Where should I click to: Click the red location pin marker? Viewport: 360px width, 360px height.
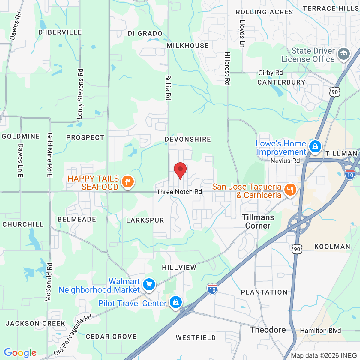click(180, 170)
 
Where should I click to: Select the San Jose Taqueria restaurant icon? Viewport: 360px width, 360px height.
click(290, 190)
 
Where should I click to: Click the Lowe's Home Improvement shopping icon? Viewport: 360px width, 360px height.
click(315, 147)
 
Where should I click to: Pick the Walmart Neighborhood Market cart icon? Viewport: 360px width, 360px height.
click(149, 284)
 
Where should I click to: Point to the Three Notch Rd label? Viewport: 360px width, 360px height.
click(179, 192)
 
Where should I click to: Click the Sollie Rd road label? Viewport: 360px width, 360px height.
click(168, 88)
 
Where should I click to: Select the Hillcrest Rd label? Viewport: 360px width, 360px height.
click(228, 69)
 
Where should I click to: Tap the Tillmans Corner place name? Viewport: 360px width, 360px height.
click(258, 221)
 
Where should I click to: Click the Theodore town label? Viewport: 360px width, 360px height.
click(268, 330)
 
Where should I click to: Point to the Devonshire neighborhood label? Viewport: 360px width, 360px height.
click(188, 139)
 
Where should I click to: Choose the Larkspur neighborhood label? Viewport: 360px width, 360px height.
click(145, 220)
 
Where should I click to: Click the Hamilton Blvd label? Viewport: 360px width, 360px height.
click(320, 331)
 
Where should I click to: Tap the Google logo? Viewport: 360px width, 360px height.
click(20, 353)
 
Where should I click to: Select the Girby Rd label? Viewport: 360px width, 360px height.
click(271, 73)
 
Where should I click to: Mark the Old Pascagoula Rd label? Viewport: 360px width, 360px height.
click(73, 335)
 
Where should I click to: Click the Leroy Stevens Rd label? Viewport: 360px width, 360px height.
click(80, 94)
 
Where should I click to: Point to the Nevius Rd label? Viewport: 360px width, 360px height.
click(285, 161)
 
